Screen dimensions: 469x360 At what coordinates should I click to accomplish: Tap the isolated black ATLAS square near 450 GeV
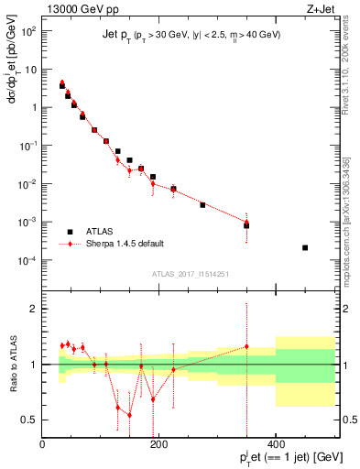pyautogui.click(x=305, y=247)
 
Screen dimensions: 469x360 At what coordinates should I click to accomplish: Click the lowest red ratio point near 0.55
pyautogui.click(x=129, y=415)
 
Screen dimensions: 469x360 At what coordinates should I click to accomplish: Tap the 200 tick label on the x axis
pyautogui.click(x=158, y=443)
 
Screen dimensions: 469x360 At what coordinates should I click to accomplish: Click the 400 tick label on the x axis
pyautogui.click(x=275, y=443)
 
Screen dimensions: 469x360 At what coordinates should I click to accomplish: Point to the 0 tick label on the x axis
pyautogui.click(x=43, y=443)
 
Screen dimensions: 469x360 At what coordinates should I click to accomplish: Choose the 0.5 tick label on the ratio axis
pyautogui.click(x=29, y=420)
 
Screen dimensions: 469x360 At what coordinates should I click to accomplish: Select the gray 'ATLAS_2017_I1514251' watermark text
pyautogui.click(x=190, y=274)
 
